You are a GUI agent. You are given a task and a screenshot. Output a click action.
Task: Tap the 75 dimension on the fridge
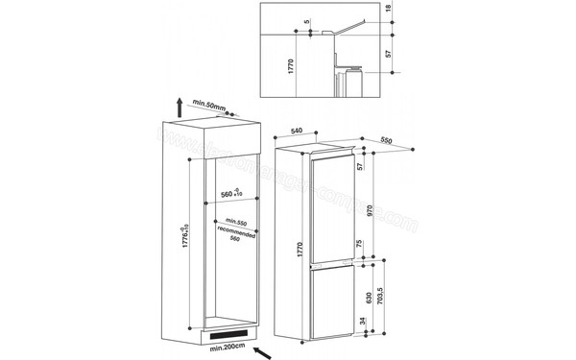pos(362,244)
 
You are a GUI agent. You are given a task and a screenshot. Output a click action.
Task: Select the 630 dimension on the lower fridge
pos(362,298)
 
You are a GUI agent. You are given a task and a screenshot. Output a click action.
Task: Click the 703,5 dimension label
pos(382,300)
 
